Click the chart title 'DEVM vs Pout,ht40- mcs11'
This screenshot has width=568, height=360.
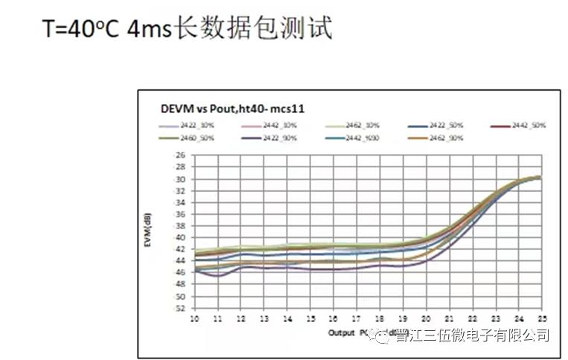232,109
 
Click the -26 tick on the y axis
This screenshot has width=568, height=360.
179,155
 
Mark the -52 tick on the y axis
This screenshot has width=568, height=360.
179,307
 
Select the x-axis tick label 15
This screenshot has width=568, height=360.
310,318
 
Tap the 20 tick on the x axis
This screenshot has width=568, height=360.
425,318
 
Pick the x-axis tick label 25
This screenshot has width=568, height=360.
540,318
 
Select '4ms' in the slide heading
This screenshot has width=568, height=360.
150,30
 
